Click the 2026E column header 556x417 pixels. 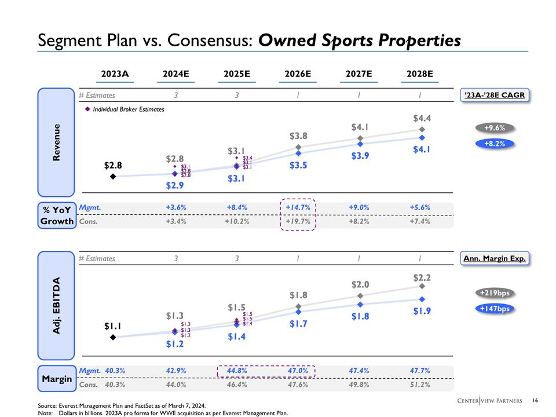[298, 74]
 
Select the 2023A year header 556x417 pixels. [115, 74]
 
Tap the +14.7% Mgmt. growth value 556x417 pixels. [298, 207]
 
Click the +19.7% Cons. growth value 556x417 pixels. [298, 221]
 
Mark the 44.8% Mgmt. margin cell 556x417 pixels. [237, 370]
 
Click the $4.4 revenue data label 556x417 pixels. [422, 118]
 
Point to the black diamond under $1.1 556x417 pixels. [113, 336]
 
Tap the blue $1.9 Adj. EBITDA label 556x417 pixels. [422, 312]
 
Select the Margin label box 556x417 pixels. [57, 379]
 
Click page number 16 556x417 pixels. [535, 400]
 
